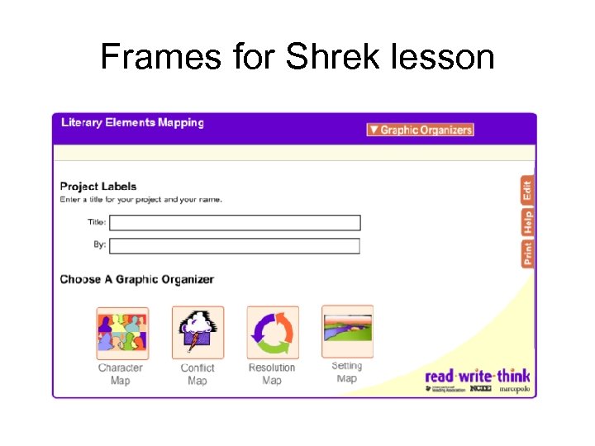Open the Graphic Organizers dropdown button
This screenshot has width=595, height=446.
pyautogui.click(x=420, y=130)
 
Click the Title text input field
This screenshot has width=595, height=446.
pyautogui.click(x=236, y=223)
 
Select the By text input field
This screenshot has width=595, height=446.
pyautogui.click(x=236, y=246)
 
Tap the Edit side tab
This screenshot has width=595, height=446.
pyautogui.click(x=526, y=192)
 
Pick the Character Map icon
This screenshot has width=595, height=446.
pyautogui.click(x=121, y=333)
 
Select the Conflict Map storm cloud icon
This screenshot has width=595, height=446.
pyautogui.click(x=197, y=333)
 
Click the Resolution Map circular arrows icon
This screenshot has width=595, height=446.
pyautogui.click(x=272, y=333)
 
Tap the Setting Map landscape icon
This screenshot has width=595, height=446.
pyautogui.click(x=347, y=330)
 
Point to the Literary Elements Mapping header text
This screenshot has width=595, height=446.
pyautogui.click(x=132, y=123)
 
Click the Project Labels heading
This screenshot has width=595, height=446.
pyautogui.click(x=98, y=187)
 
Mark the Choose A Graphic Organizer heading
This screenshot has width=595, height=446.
pyautogui.click(x=136, y=279)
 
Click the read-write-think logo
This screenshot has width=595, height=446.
pyautogui.click(x=477, y=377)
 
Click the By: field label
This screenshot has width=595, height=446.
pyautogui.click(x=100, y=245)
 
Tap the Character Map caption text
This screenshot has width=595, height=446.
pyautogui.click(x=121, y=374)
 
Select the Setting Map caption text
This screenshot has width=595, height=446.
pyautogui.click(x=347, y=372)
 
